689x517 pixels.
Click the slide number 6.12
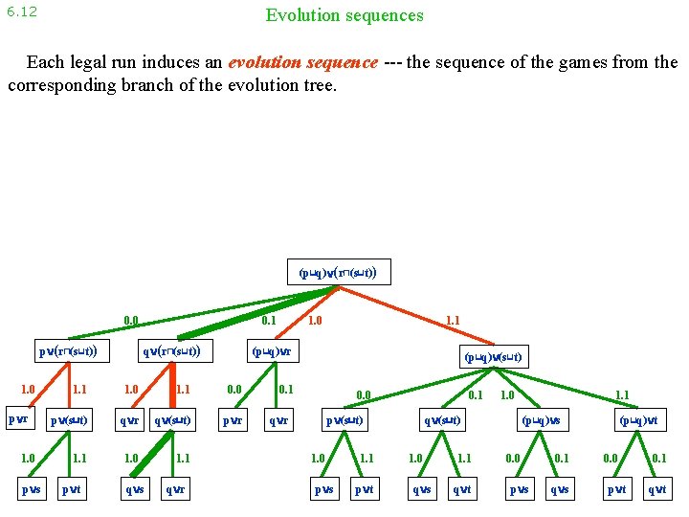tap(21, 12)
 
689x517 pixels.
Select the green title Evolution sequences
tap(344, 15)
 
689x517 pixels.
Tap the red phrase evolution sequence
tap(302, 62)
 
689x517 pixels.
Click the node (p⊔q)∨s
tap(542, 419)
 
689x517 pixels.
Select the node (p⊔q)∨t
tap(638, 419)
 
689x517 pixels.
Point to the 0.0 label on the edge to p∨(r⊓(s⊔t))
tap(131, 321)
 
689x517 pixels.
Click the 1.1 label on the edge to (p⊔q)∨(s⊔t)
tap(453, 321)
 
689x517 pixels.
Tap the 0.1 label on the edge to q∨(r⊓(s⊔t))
tap(270, 321)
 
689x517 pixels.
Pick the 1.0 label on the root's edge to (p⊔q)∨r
tap(315, 321)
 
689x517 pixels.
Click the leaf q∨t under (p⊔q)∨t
tap(656, 489)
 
